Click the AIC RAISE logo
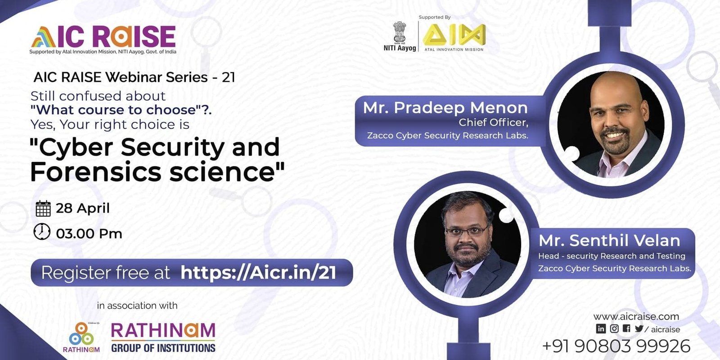click(103, 37)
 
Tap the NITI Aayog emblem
click(400, 32)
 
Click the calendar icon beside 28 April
click(43, 208)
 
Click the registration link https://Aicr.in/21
click(258, 273)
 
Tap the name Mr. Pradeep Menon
click(445, 108)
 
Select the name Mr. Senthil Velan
click(609, 240)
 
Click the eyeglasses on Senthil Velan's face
click(467, 231)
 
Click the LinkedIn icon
click(601, 328)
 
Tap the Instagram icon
click(614, 328)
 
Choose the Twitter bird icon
click(639, 328)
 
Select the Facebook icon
click(626, 328)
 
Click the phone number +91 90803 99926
click(616, 346)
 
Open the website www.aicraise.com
click(636, 317)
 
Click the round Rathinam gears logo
click(81, 334)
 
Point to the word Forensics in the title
click(95, 172)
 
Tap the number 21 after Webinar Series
click(228, 77)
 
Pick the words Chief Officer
click(493, 122)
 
